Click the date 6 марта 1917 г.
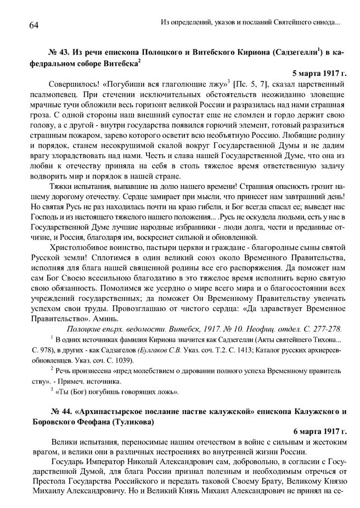point(318,433)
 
